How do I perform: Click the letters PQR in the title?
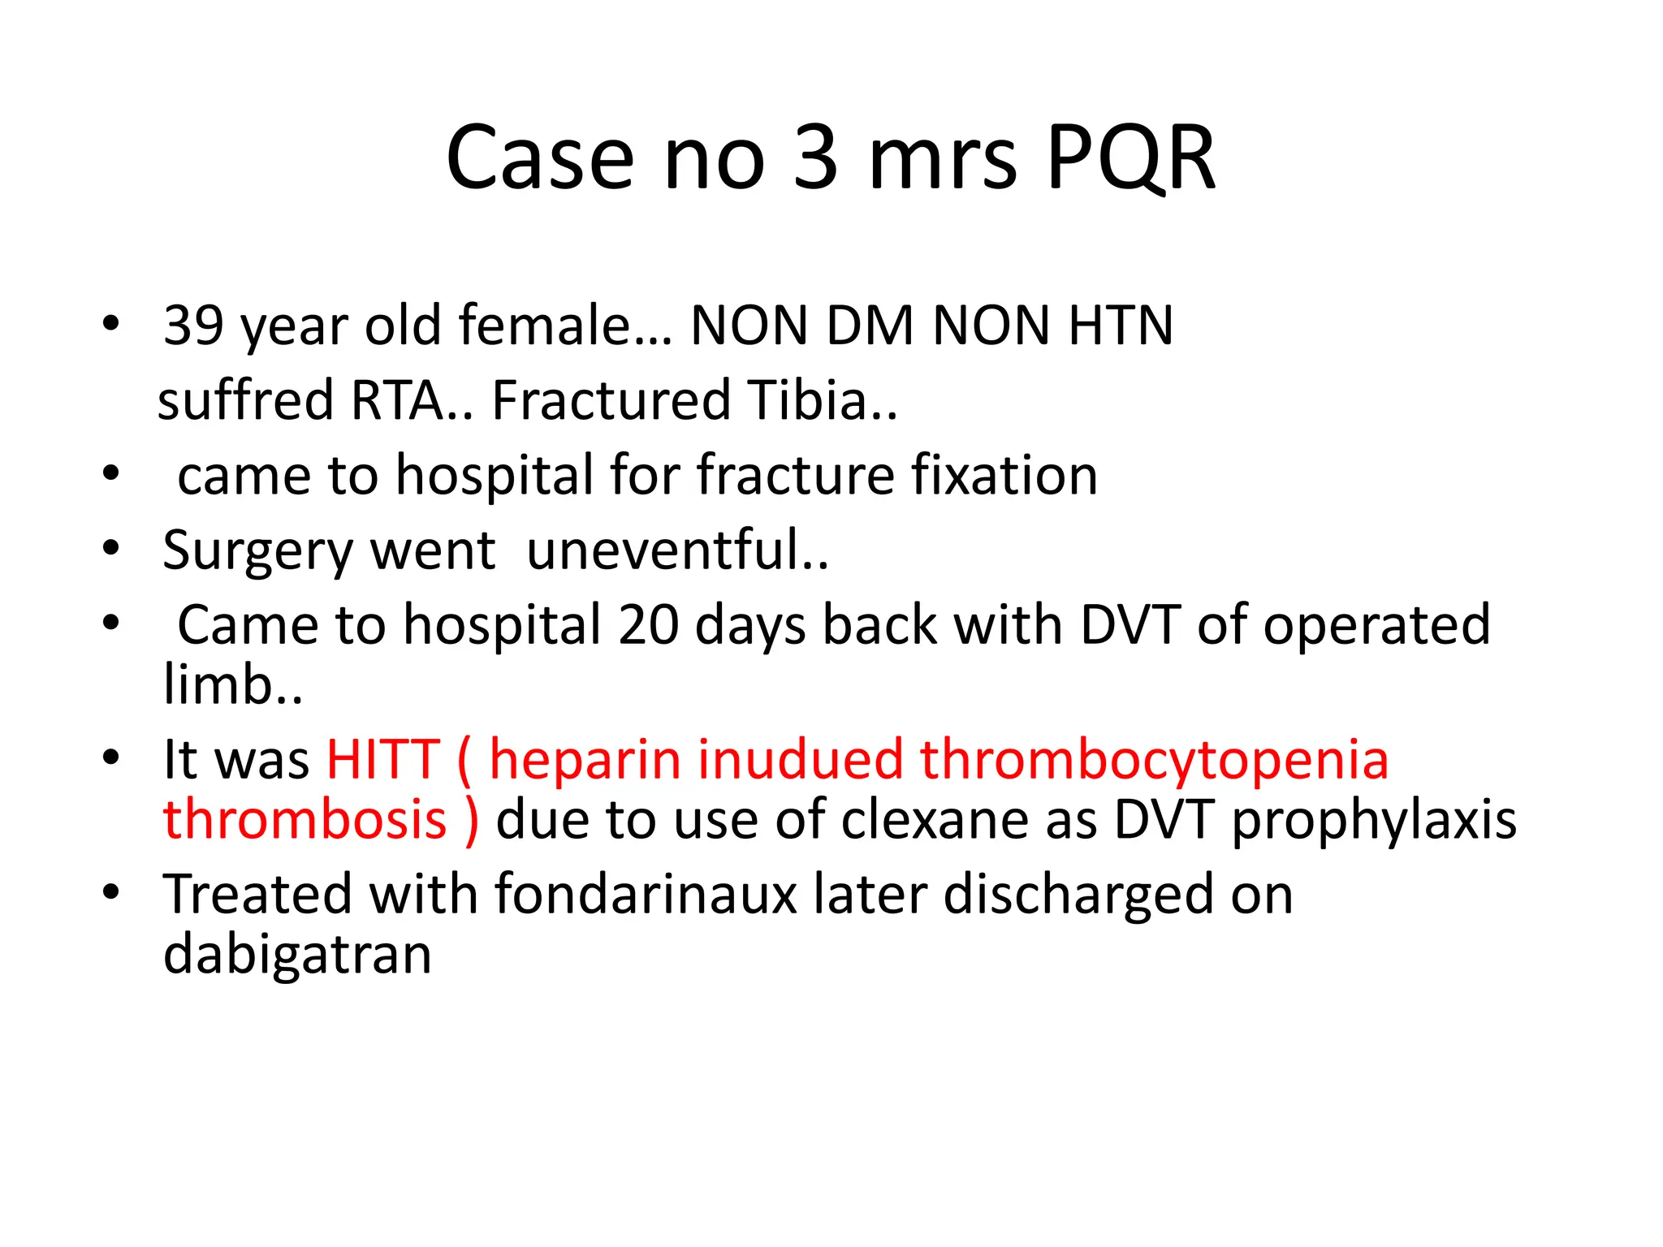tap(1130, 158)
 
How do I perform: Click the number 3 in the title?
tap(814, 158)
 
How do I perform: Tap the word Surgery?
tap(257, 552)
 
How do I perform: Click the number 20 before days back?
tap(648, 625)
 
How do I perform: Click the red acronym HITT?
tap(382, 760)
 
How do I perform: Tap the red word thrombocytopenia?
tap(1154, 762)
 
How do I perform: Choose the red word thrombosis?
tap(305, 819)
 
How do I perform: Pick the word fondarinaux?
tap(646, 895)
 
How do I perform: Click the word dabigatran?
tap(297, 955)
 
